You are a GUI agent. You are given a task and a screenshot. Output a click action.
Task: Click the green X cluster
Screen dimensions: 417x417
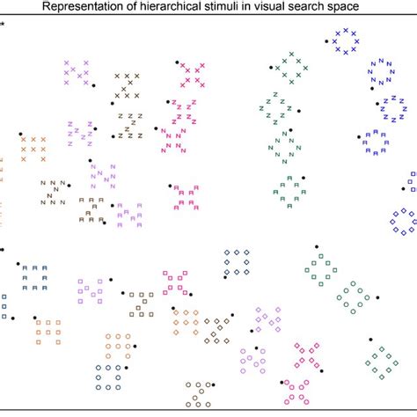point(289,67)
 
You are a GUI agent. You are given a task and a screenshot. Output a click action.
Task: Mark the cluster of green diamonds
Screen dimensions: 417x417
point(382,361)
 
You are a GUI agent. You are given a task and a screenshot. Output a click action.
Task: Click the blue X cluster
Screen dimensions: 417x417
point(343,40)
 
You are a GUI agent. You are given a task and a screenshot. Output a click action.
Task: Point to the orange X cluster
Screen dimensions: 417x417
point(33,149)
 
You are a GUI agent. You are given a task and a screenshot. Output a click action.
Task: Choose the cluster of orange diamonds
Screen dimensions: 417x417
point(187,323)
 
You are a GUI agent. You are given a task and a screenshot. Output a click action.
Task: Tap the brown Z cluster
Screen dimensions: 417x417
point(129,125)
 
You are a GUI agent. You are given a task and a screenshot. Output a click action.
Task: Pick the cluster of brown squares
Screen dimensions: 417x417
point(141,304)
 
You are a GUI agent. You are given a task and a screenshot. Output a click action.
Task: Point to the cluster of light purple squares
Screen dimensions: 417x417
point(91,289)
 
